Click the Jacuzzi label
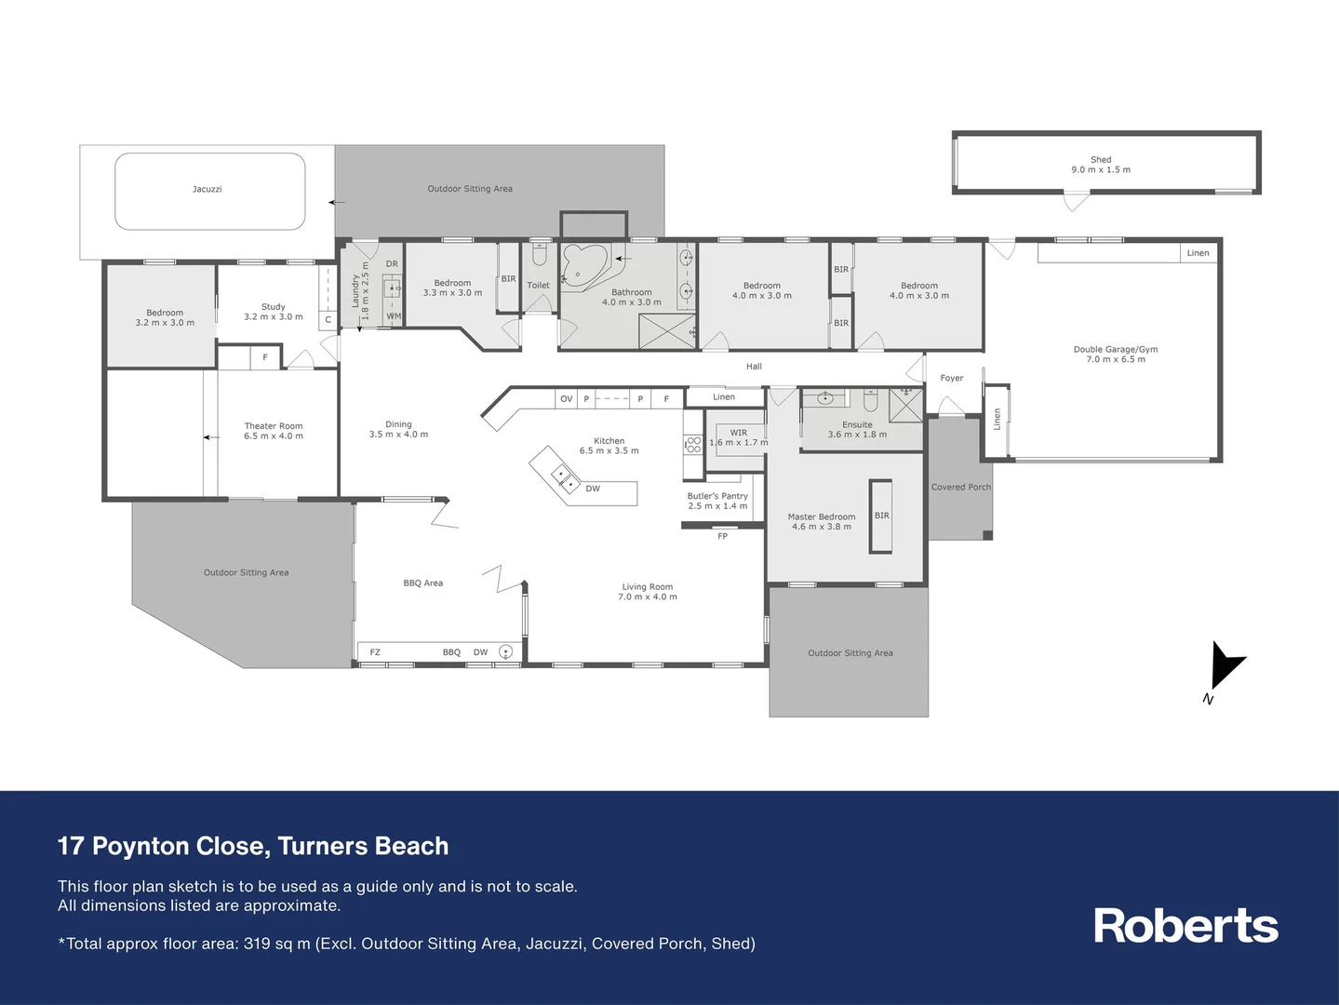pyautogui.click(x=207, y=189)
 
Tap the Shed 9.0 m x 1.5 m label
pyautogui.click(x=1101, y=165)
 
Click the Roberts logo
pyautogui.click(x=1185, y=926)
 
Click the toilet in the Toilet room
pyautogui.click(x=538, y=254)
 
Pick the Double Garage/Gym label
pyautogui.click(x=1116, y=355)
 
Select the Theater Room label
pyautogui.click(x=274, y=431)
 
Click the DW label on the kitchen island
pyautogui.click(x=593, y=489)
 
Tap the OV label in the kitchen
pyautogui.click(x=566, y=399)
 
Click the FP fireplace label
pyautogui.click(x=722, y=536)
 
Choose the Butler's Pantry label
pyautogui.click(x=717, y=501)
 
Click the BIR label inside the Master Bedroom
pyautogui.click(x=881, y=516)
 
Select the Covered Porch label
pyautogui.click(x=961, y=487)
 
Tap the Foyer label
pyautogui.click(x=951, y=378)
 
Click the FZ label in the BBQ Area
pyautogui.click(x=375, y=652)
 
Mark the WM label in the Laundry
pyautogui.click(x=394, y=316)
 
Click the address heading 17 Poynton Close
pyautogui.click(x=253, y=846)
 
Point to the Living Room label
pyautogui.click(x=648, y=592)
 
